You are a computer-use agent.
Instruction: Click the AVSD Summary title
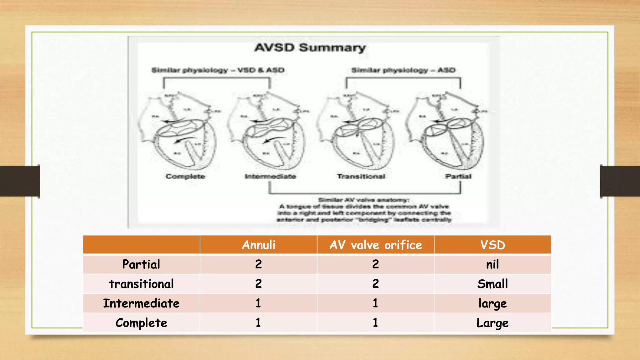310,48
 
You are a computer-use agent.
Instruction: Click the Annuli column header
258,245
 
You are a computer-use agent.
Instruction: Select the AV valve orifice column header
375,245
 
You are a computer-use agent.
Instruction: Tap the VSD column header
492,245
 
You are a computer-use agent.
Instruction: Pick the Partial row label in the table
141,264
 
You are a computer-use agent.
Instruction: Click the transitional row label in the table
141,284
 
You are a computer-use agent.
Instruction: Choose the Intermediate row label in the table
141,303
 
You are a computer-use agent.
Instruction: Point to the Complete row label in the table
141,323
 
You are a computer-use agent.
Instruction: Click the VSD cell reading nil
492,265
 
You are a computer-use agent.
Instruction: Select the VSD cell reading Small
492,284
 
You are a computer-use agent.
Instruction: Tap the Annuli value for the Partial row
258,264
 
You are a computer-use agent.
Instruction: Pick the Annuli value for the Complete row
258,322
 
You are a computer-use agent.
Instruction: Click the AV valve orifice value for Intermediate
375,303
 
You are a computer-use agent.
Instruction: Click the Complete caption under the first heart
185,177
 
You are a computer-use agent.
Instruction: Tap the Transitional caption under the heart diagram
361,177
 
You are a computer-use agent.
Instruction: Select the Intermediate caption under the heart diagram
270,177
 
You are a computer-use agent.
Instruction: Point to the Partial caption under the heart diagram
458,177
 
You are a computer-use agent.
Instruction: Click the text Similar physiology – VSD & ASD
218,70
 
